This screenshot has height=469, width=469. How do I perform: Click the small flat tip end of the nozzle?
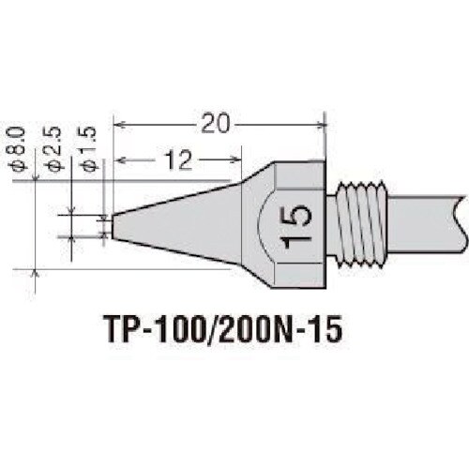click(113, 225)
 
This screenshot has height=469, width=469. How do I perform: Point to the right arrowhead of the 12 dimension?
click(226, 161)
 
